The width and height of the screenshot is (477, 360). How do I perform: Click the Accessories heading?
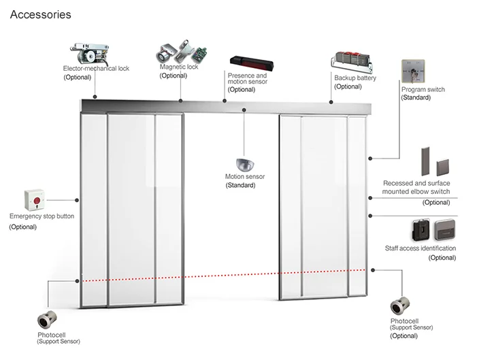tap(41, 14)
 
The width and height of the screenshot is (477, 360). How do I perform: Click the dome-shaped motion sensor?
tap(244, 163)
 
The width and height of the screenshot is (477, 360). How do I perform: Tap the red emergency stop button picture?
tap(35, 199)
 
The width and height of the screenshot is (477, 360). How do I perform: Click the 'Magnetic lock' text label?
tap(178, 67)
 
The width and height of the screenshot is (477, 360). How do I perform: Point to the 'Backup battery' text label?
tap(355, 78)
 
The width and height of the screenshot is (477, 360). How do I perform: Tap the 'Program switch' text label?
tap(423, 89)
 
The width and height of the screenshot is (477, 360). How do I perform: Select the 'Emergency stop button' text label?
tap(42, 216)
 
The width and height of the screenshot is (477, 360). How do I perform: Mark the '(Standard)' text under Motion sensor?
tap(240, 185)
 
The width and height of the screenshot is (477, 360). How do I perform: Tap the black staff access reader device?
tap(419, 229)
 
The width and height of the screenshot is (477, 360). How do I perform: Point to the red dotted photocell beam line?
tap(225, 275)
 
